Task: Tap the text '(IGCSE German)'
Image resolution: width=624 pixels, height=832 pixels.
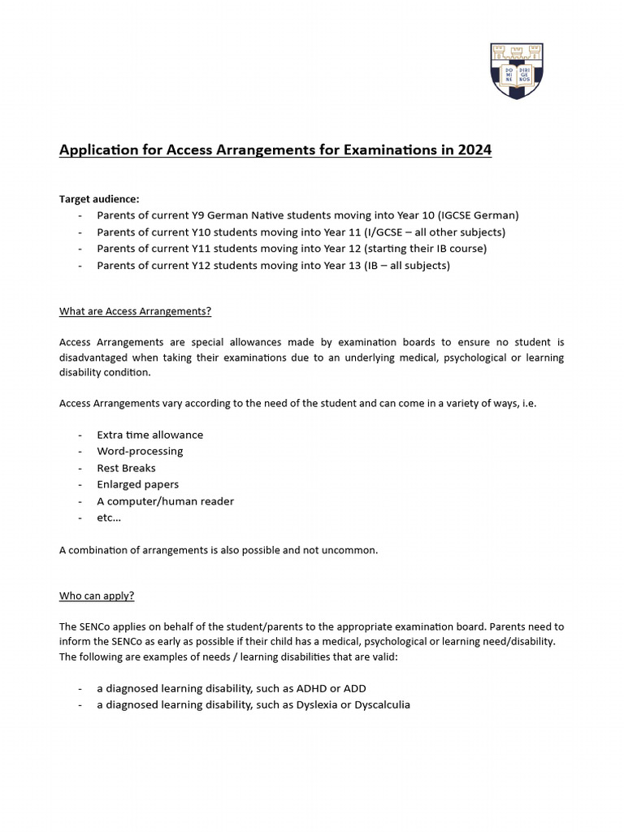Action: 478,215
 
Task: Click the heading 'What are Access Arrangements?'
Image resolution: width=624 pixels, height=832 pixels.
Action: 135,311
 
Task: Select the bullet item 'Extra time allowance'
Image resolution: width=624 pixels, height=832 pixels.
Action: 149,435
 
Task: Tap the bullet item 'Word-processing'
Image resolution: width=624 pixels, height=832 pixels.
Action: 140,451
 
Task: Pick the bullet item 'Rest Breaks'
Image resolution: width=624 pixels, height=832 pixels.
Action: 126,468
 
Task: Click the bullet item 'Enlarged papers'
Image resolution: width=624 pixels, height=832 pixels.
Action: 137,484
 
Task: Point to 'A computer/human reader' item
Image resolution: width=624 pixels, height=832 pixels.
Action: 165,501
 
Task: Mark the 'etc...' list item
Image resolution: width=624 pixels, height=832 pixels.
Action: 108,518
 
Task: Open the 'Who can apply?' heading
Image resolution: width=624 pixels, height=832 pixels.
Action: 97,596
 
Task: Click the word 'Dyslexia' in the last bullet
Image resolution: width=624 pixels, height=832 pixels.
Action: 327,704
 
